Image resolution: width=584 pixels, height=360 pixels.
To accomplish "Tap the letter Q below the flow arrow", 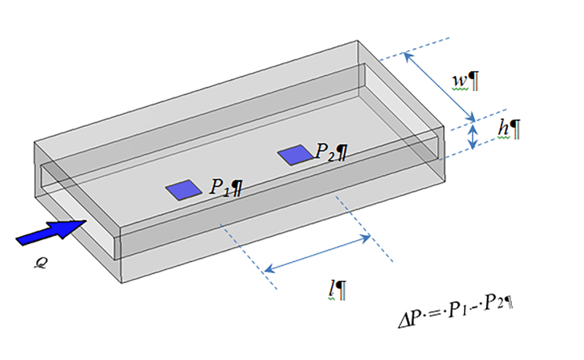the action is pos(40,264).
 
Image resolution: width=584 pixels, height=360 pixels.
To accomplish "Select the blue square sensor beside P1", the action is pos(184,190).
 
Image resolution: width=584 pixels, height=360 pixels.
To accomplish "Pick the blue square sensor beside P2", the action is pos(296,155).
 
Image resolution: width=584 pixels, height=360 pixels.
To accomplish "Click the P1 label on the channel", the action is pos(219,187).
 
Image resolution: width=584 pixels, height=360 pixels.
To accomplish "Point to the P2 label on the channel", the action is pos(325,151).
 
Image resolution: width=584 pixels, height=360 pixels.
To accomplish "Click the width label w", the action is pos(460,82).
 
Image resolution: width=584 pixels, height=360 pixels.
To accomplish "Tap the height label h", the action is pos(503,129).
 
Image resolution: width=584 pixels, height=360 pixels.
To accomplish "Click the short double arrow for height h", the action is pos(473,136).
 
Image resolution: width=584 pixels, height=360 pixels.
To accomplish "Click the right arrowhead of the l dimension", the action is pos(365,238).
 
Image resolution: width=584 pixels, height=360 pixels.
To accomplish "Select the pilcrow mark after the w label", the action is pos(473,82).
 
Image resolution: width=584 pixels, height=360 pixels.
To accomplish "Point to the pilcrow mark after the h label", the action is pos(515,129).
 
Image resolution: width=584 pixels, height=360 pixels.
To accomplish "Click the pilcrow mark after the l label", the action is pos(340,290).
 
